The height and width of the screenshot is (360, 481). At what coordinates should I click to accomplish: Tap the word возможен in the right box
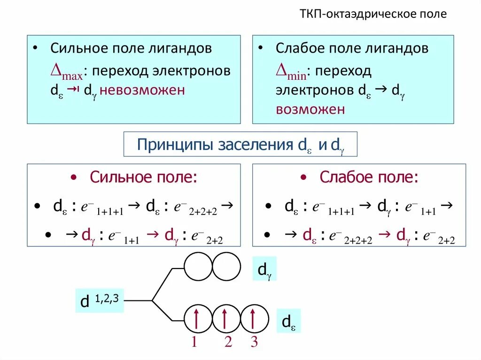click(310, 109)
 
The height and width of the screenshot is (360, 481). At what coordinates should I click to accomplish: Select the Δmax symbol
click(66, 72)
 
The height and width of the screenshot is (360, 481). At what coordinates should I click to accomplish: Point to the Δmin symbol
click(291, 72)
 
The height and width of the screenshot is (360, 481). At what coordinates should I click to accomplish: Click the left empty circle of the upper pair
click(198, 267)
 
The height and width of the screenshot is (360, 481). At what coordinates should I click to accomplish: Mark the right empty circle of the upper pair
click(226, 267)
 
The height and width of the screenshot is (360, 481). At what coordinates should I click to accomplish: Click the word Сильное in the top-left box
click(78, 48)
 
